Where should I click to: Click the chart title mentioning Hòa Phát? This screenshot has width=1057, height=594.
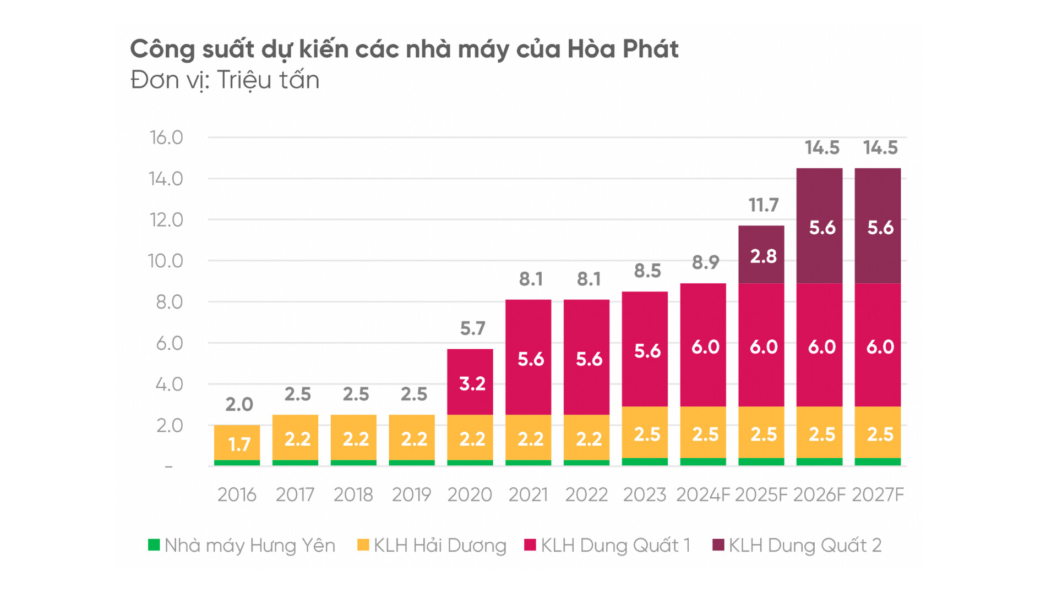click(x=404, y=49)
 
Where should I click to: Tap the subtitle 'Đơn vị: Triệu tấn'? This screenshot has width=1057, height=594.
click(x=225, y=80)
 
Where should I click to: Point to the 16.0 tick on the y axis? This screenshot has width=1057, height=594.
click(x=166, y=137)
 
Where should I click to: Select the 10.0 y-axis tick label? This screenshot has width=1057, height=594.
click(x=166, y=261)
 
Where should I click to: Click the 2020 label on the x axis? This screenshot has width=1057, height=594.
click(x=470, y=495)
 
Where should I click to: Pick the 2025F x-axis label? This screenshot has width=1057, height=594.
click(x=761, y=495)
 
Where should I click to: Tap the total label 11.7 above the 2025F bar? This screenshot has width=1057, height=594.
click(x=763, y=205)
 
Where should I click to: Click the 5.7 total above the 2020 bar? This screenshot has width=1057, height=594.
click(x=472, y=328)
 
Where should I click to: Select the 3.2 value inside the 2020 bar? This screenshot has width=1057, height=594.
click(x=472, y=383)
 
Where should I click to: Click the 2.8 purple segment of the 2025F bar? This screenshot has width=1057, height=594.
click(x=763, y=256)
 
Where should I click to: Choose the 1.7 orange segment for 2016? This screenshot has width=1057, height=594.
click(x=239, y=443)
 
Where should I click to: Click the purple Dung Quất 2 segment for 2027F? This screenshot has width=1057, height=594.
click(x=880, y=228)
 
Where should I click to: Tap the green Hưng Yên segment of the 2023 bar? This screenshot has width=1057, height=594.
click(x=645, y=462)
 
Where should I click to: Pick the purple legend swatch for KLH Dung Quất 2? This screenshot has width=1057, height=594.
click(x=718, y=545)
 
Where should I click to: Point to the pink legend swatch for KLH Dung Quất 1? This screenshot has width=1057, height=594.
click(x=530, y=545)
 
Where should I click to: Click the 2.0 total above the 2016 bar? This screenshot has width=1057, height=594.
click(x=239, y=404)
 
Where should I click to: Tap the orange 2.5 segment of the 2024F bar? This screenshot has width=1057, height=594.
click(x=705, y=434)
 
